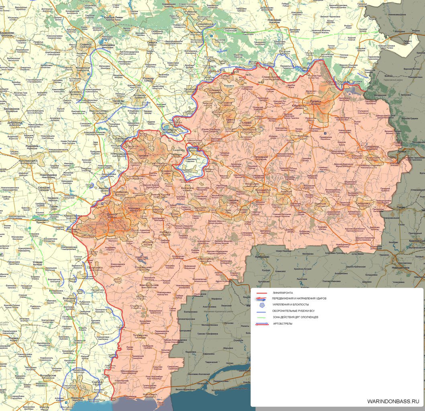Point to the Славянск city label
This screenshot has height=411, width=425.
pos(86,44)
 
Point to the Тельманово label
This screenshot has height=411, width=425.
pos(141,335)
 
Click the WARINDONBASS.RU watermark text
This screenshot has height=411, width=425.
pos(393,401)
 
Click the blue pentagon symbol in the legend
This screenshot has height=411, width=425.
pos(261,305)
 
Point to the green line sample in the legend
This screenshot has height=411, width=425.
pos(261,317)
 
